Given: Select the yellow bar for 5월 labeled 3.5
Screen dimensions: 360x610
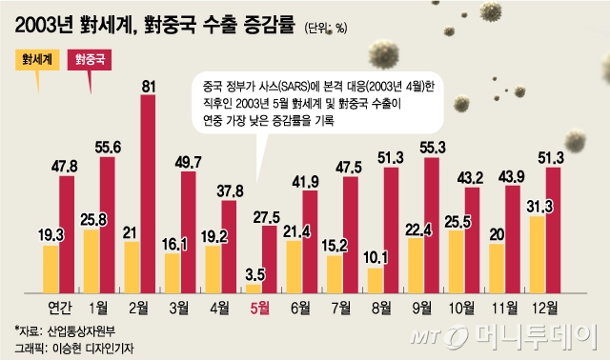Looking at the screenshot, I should click(254, 288).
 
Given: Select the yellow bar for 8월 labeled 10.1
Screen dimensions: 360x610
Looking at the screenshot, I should click(376, 281).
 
